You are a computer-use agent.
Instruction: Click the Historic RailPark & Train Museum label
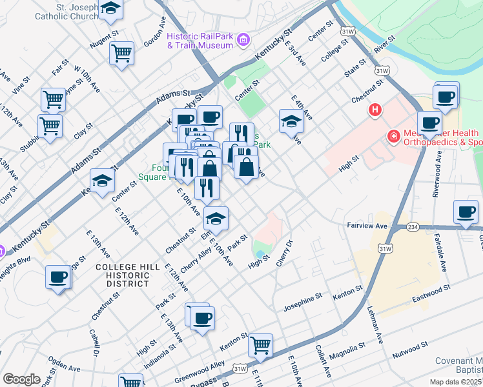[x=200, y=40]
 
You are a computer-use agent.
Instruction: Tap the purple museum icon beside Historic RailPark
[x=243, y=41]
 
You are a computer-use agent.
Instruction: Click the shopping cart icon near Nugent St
[x=121, y=54]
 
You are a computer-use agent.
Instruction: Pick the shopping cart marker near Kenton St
[x=260, y=345]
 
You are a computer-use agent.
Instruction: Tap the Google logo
[x=21, y=379]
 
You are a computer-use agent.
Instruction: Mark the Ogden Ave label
[x=64, y=365]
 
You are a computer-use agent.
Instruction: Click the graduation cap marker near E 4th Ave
[x=291, y=121]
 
